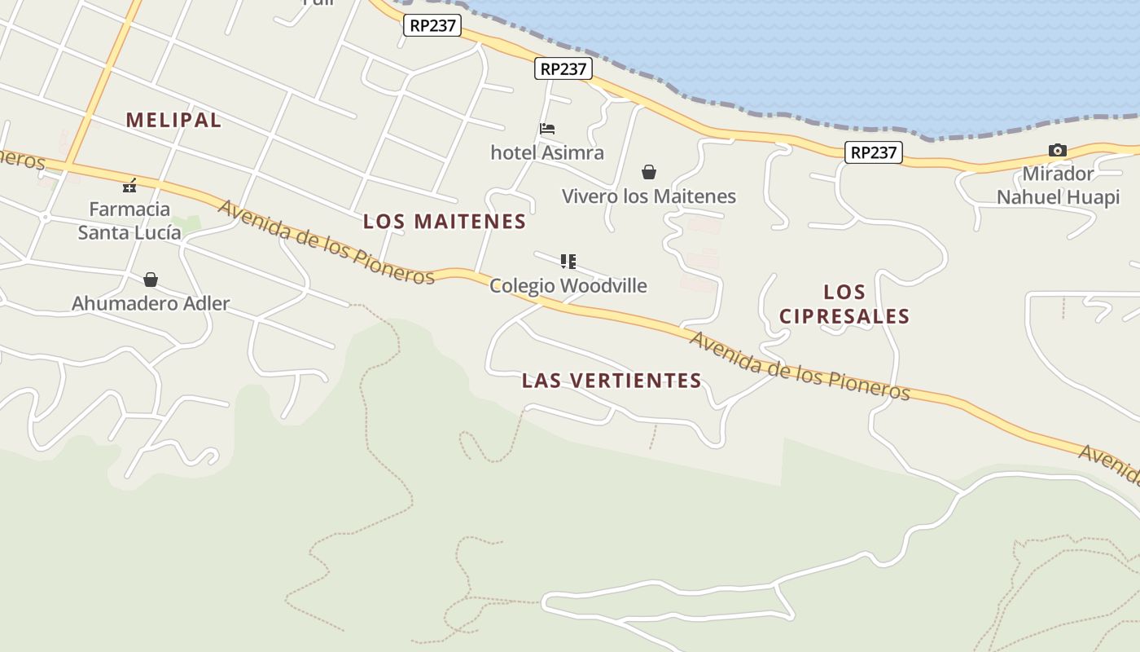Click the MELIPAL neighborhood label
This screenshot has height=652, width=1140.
(x=173, y=120)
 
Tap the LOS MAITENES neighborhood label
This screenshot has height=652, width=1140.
(x=445, y=221)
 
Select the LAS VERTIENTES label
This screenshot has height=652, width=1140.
(x=612, y=380)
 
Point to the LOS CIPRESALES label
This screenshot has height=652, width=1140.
(x=844, y=304)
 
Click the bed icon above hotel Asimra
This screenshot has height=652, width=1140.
(x=547, y=129)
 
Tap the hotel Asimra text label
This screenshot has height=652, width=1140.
(x=547, y=152)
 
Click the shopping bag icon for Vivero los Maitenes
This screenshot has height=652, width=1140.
(x=649, y=172)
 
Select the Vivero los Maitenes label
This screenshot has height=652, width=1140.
(x=649, y=196)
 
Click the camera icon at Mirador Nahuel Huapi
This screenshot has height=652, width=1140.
(x=1058, y=150)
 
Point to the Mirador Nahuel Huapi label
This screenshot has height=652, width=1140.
(x=1058, y=185)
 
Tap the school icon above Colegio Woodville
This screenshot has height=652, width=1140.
(x=568, y=262)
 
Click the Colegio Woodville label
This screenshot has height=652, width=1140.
(x=568, y=285)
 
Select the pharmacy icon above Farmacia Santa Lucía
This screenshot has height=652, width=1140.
(x=129, y=186)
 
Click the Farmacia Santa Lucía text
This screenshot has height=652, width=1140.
(x=129, y=221)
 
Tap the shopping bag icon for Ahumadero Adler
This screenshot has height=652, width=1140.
(x=151, y=280)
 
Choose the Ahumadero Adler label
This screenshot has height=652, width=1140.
(x=151, y=303)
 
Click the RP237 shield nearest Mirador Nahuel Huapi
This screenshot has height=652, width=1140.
(x=874, y=152)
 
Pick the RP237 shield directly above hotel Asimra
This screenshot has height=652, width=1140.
(x=563, y=68)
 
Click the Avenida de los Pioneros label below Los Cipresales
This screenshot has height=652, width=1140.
(x=800, y=365)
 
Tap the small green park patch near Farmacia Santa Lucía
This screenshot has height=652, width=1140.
(x=188, y=222)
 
